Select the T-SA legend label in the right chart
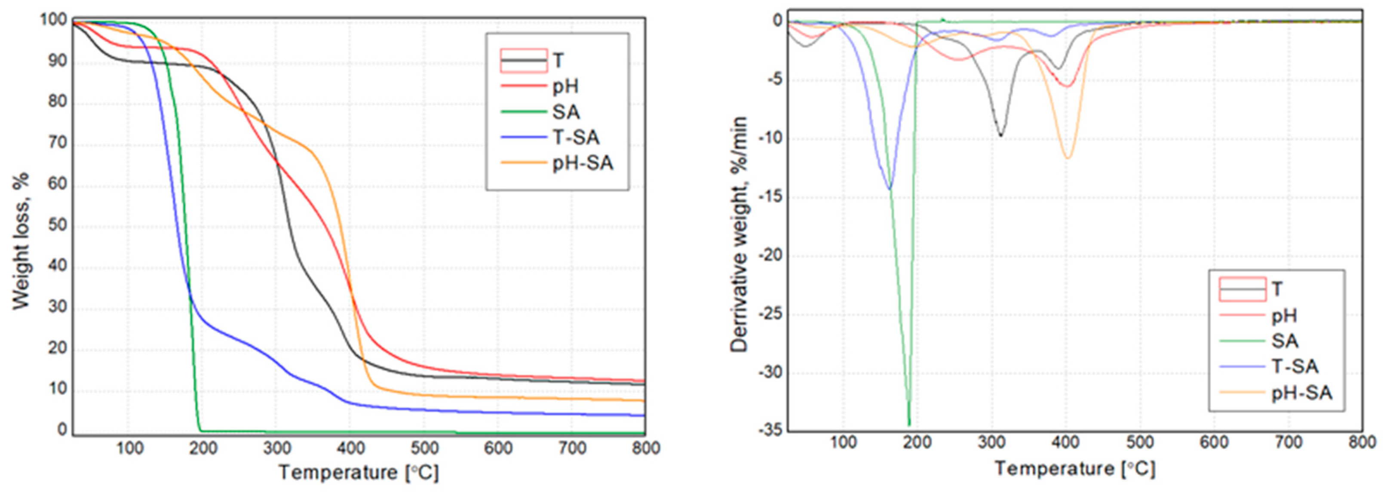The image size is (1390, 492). [1295, 367]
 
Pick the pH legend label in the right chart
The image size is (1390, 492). [1284, 316]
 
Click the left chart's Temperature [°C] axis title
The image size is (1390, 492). [359, 473]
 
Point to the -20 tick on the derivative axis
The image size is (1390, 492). [770, 255]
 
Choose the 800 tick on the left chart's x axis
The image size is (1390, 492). [645, 448]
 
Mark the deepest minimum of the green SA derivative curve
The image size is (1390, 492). [909, 424]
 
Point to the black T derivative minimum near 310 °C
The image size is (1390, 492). [1001, 135]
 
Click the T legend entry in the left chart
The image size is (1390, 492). [558, 60]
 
